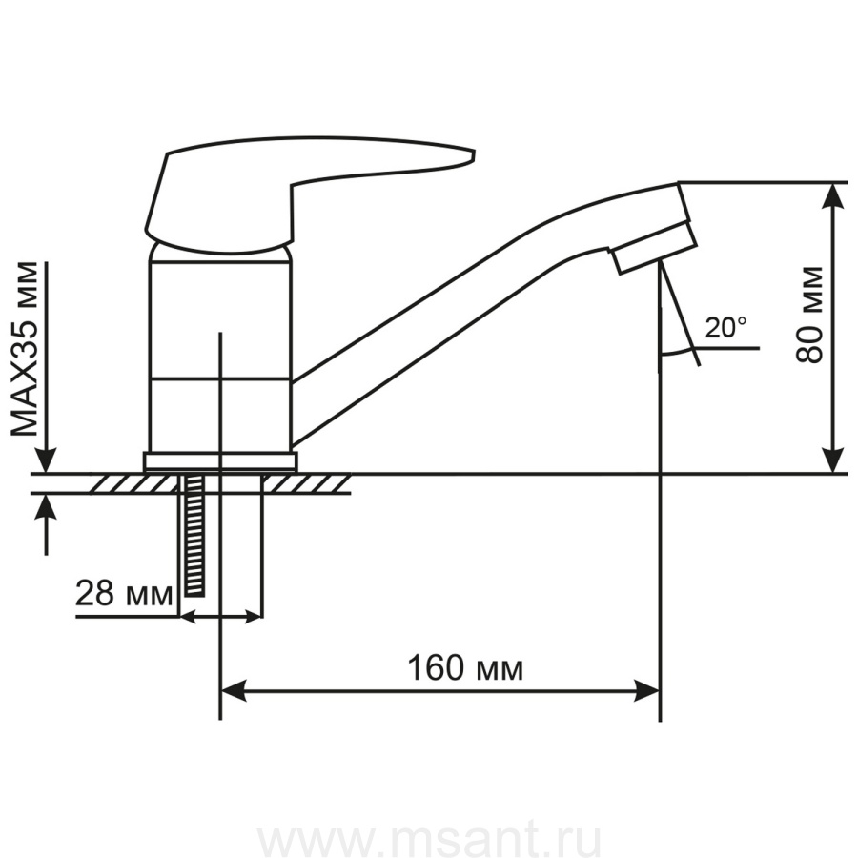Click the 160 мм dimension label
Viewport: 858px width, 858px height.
coord(465,668)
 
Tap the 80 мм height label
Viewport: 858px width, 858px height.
coord(809,316)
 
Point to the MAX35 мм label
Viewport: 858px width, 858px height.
coord(26,349)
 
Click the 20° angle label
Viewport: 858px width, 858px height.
coord(725,328)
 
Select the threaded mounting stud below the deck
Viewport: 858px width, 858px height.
coord(194,535)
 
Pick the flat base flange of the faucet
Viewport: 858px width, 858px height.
coord(220,461)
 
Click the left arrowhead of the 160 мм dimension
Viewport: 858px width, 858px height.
coord(233,690)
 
